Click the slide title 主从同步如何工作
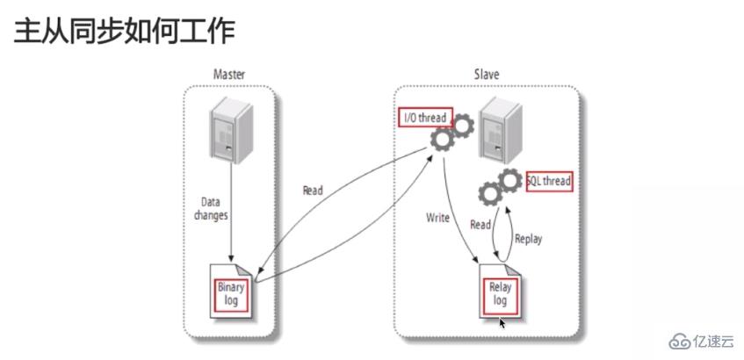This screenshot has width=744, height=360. click(x=124, y=31)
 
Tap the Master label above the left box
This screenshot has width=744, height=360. click(x=228, y=75)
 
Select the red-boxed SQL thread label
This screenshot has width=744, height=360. click(x=549, y=182)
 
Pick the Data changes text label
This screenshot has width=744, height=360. click(x=211, y=209)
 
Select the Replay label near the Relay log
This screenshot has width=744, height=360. click(x=528, y=237)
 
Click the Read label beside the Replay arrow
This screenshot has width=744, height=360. click(x=480, y=225)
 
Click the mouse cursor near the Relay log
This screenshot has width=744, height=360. click(x=502, y=323)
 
